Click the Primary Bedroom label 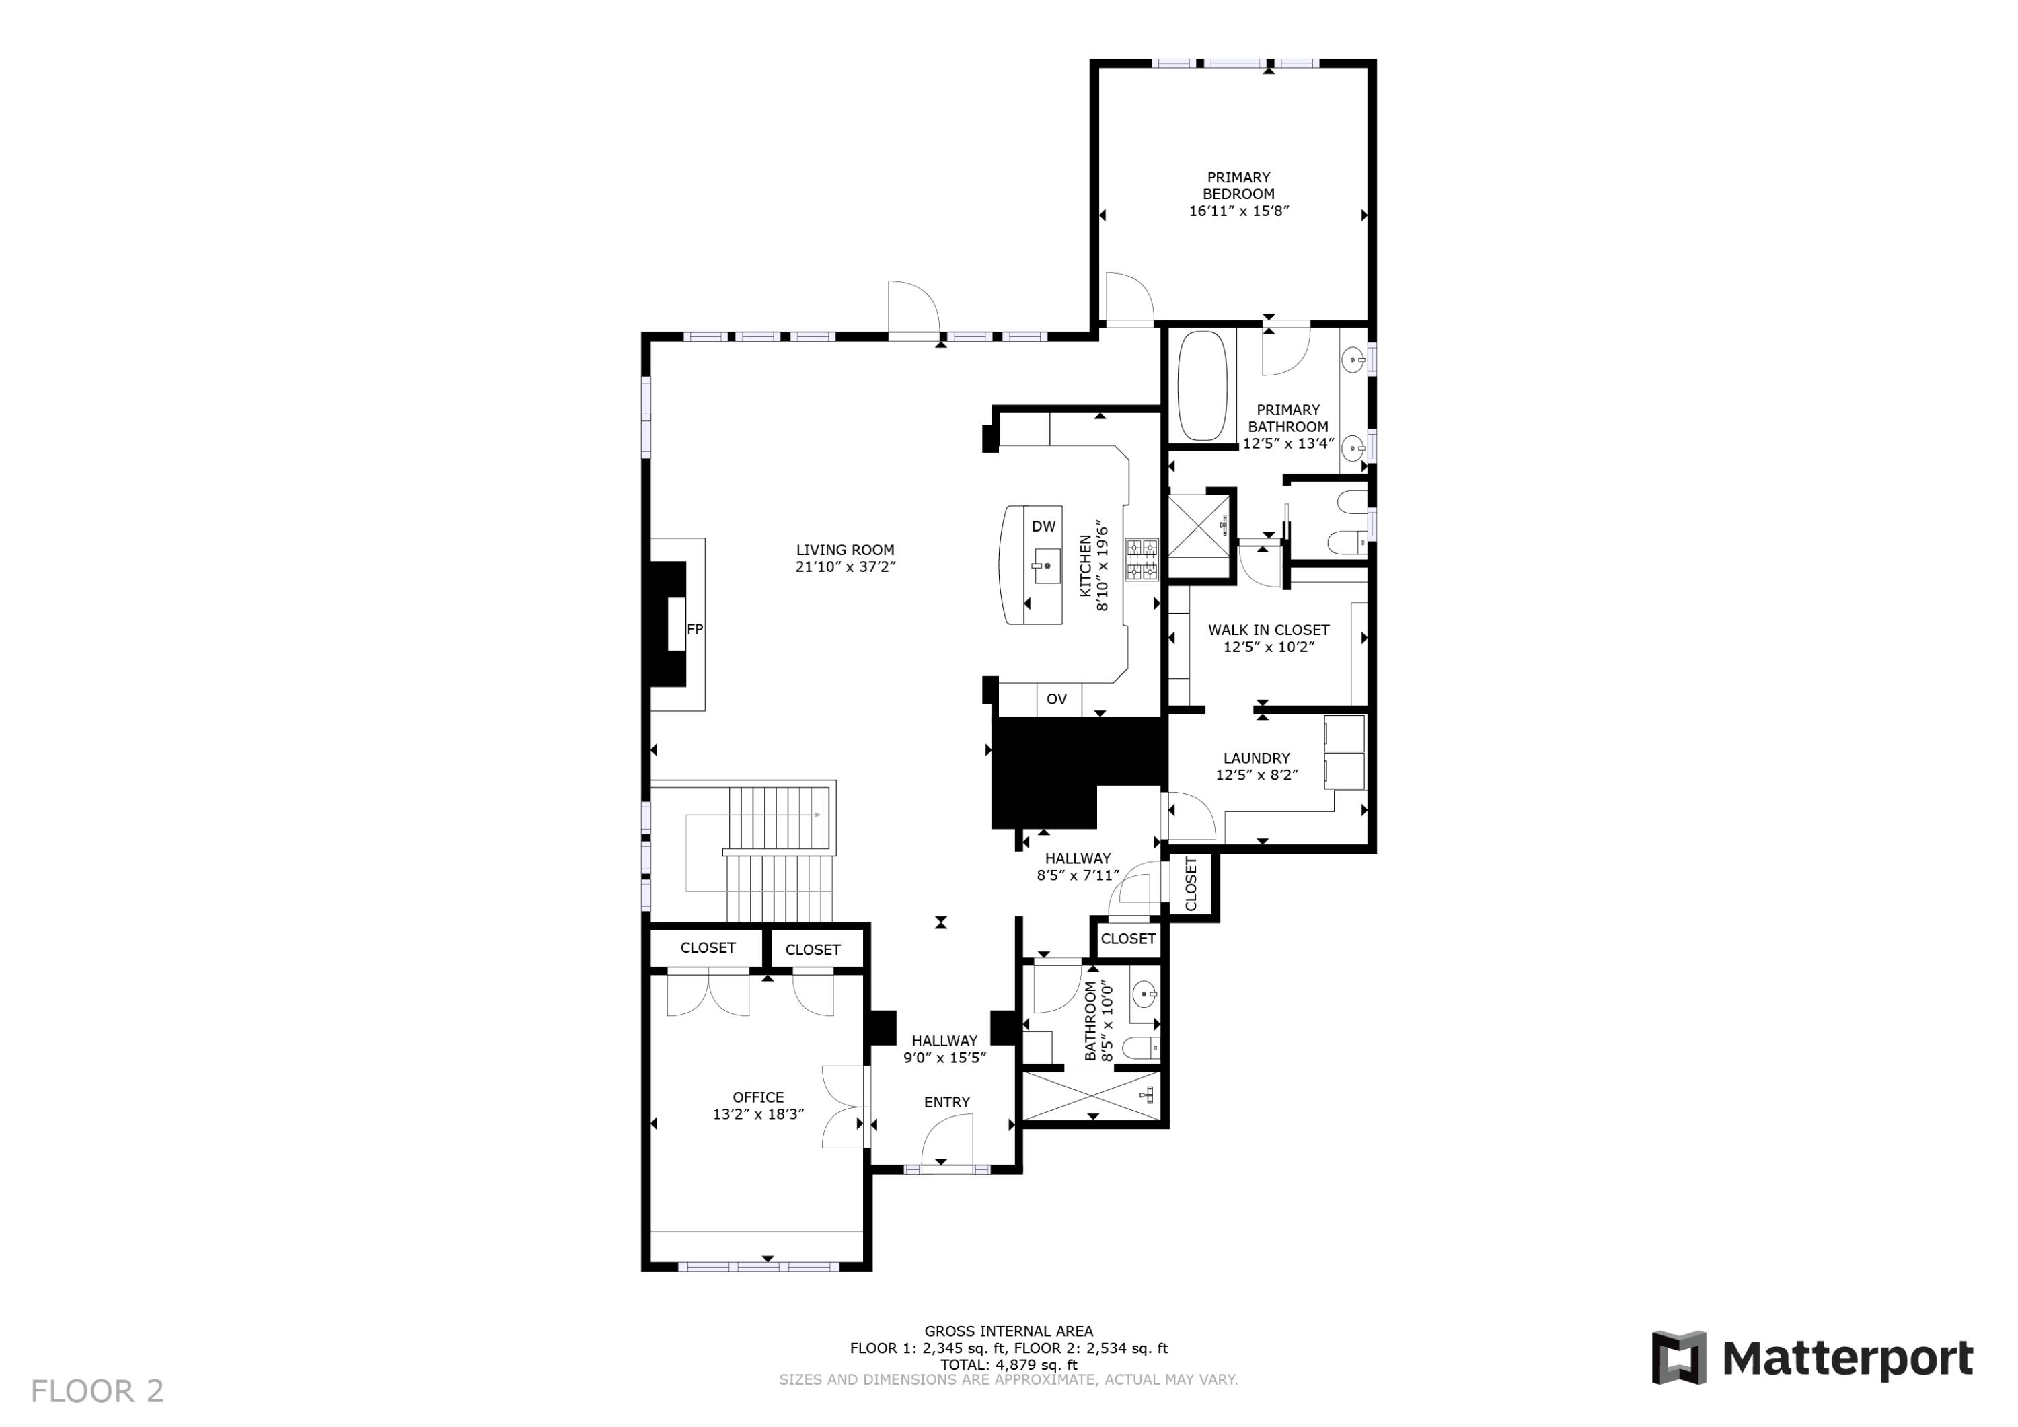click(1238, 186)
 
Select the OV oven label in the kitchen click(1057, 699)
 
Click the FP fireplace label click(694, 630)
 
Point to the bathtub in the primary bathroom click(1201, 385)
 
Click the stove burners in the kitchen click(1142, 560)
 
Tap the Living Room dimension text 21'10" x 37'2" click(846, 567)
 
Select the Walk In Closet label click(1268, 630)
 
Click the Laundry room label click(1257, 758)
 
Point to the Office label click(757, 1097)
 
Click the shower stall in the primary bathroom click(1198, 536)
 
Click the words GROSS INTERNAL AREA click(1008, 1331)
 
